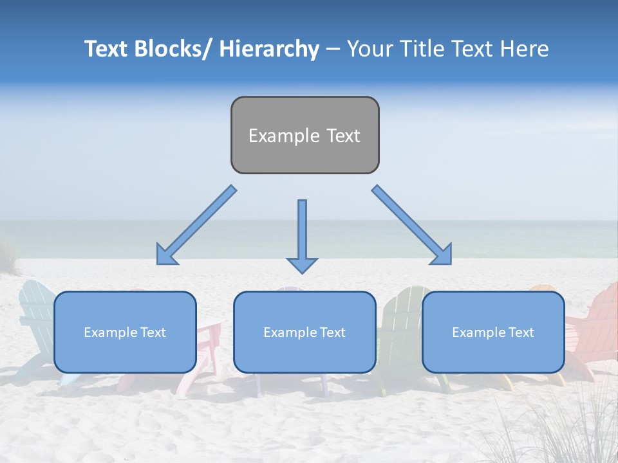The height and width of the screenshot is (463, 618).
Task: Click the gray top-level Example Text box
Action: pyautogui.click(x=304, y=135)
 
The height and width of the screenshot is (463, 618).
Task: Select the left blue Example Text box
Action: pyautogui.click(x=125, y=332)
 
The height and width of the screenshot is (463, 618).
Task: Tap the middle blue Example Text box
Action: pyautogui.click(x=304, y=332)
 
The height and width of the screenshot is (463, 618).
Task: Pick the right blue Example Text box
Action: pyautogui.click(x=493, y=332)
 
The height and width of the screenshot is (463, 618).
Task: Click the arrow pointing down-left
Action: pyautogui.click(x=197, y=225)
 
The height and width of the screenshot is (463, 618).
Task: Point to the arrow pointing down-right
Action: pyautogui.click(x=412, y=225)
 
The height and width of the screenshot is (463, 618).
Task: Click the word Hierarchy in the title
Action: pyautogui.click(x=269, y=49)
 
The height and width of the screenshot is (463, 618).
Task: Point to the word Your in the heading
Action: pyautogui.click(x=369, y=49)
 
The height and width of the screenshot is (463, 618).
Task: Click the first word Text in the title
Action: pyautogui.click(x=108, y=49)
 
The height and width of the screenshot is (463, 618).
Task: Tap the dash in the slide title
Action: pyautogui.click(x=332, y=49)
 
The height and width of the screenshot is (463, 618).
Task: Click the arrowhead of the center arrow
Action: pyautogui.click(x=302, y=264)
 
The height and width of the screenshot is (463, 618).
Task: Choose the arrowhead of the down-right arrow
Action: pyautogui.click(x=442, y=255)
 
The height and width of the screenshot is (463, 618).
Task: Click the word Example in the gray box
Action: pyautogui.click(x=275, y=136)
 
